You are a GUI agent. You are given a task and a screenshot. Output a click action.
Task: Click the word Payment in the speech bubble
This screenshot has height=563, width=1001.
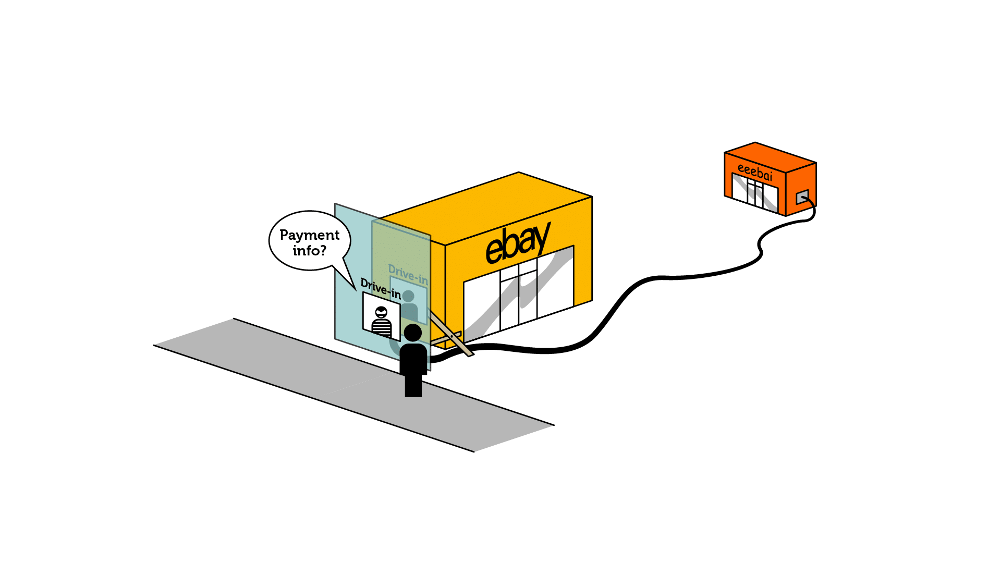click(x=309, y=235)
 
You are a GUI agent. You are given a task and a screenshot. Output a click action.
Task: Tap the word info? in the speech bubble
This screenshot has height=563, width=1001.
click(x=309, y=251)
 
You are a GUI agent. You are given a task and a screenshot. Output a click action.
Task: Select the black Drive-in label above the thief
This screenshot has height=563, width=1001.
click(x=381, y=290)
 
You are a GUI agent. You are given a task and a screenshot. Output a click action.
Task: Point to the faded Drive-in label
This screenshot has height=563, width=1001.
click(x=408, y=275)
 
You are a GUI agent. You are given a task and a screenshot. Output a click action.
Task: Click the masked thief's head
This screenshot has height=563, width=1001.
click(x=382, y=312)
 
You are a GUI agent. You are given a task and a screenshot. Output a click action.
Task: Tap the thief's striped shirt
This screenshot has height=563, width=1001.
click(x=382, y=328)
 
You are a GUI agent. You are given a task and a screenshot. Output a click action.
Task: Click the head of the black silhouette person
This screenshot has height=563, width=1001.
click(x=413, y=333)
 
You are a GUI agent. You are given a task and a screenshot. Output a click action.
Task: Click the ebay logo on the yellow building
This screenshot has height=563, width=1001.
click(x=518, y=242)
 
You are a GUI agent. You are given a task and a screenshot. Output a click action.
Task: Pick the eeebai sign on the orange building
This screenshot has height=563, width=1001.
click(x=754, y=172)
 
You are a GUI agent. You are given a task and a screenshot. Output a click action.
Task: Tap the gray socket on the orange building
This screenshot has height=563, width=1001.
click(x=802, y=197)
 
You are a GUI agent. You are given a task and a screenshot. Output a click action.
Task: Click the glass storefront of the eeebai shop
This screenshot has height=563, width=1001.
click(x=755, y=193)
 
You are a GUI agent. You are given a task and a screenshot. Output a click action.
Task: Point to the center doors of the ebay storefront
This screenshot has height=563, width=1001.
click(x=519, y=297)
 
